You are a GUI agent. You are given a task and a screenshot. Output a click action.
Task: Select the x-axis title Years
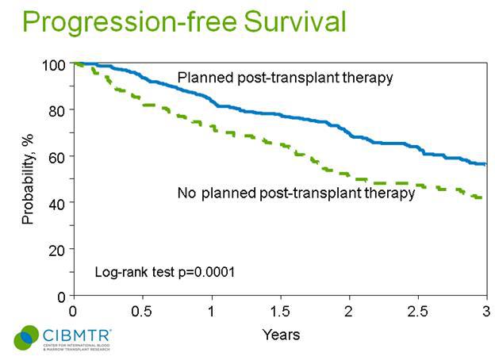[281, 335]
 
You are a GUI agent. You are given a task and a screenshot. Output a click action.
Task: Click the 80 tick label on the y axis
[57, 110]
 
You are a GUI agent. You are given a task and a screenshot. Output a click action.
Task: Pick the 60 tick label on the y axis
[57, 157]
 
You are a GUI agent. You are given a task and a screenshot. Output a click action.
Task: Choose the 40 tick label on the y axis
[57, 203]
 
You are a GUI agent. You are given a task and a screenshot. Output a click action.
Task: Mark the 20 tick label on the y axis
[57, 250]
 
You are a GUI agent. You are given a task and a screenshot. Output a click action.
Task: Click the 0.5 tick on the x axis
[142, 312]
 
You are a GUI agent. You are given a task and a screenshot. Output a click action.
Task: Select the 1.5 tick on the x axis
[279, 312]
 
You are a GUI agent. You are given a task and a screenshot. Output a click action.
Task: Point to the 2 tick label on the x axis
[349, 312]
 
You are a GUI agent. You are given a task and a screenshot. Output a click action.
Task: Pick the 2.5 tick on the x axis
[417, 312]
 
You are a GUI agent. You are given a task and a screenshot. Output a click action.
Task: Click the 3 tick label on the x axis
[485, 312]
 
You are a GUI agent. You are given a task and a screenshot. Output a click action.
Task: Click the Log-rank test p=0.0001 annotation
[165, 272]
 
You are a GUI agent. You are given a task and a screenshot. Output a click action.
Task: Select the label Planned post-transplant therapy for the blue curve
[286, 78]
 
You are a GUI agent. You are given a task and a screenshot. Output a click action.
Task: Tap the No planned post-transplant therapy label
[296, 193]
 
